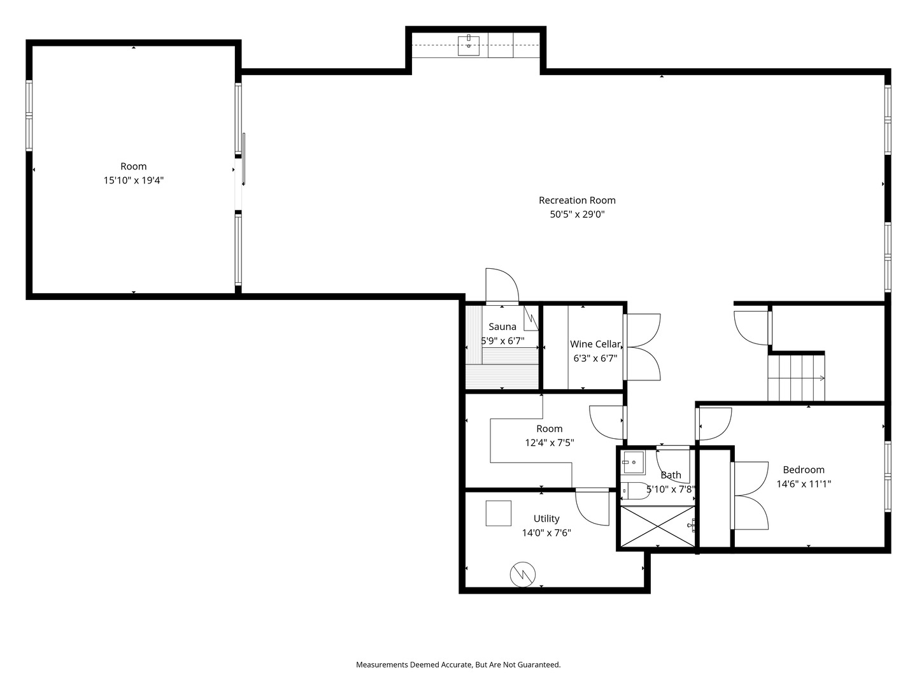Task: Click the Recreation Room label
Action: (577, 200)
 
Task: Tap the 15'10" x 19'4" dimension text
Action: (134, 180)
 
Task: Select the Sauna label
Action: (502, 327)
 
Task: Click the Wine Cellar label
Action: (595, 344)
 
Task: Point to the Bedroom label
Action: (804, 469)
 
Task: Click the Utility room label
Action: (546, 519)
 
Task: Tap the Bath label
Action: (671, 475)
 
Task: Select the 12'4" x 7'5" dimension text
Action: (549, 443)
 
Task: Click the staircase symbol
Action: (796, 378)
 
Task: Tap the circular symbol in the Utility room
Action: (522, 575)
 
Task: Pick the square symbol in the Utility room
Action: (499, 513)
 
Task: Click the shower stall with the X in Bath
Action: (658, 526)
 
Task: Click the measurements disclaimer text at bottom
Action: (458, 664)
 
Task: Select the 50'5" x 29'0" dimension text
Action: (577, 215)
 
